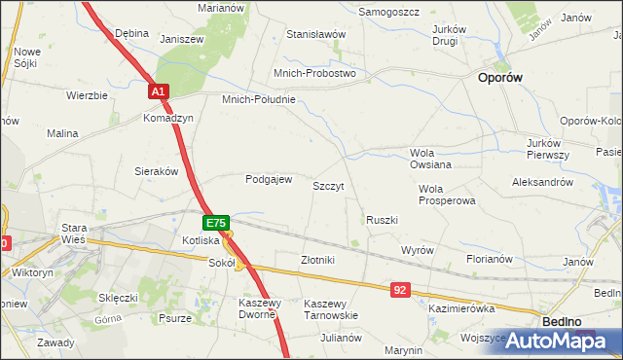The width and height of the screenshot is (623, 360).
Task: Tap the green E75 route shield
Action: pos(216,223)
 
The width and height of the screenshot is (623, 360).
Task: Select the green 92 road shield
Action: pos(402,290)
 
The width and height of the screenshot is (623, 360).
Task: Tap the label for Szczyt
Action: pos(328,185)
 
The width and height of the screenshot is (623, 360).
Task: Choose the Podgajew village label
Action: pos(269,179)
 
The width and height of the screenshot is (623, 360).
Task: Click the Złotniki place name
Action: pos(317,260)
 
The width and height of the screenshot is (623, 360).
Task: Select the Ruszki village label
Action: pos(382,220)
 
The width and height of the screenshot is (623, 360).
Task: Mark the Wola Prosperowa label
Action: pos(447,195)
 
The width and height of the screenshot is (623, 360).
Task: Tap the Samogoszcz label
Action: pos(389,11)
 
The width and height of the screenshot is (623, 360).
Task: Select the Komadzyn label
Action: pos(168,118)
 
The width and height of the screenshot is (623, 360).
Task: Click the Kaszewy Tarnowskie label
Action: pos(331,309)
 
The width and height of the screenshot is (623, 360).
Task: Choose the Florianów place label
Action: pos(489,260)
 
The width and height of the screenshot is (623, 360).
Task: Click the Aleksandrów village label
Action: pos(542,182)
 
